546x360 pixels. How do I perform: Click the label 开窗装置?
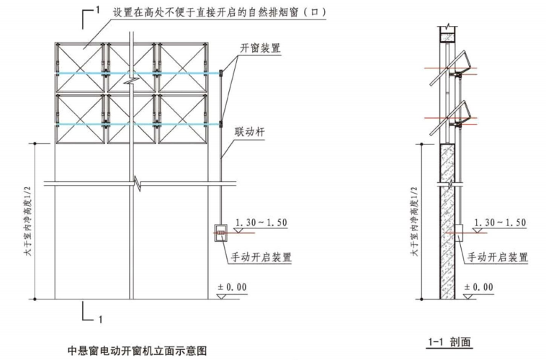260,48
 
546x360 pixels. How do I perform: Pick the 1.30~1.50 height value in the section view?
498,222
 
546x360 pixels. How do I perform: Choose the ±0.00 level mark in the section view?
478,287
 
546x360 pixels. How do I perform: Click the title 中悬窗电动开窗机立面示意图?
137,351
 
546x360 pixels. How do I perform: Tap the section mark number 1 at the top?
97,9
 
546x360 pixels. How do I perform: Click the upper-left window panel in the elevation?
80,58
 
